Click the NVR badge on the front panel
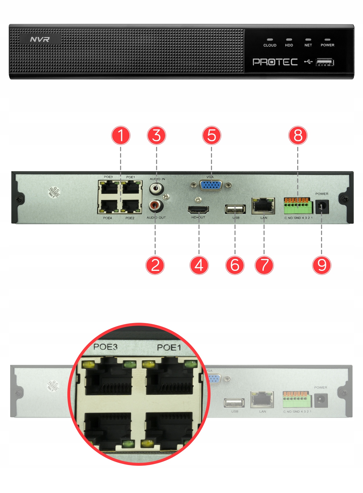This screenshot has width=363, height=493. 40,39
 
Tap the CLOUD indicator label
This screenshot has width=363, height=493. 270,45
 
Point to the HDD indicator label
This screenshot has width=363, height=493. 289,45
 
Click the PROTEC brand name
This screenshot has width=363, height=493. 275,62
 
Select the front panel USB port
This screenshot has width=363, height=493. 325,62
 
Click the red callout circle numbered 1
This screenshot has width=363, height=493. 121,135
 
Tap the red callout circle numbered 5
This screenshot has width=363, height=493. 212,135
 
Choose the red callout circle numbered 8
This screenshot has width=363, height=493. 298,135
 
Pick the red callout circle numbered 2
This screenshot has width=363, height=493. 155,265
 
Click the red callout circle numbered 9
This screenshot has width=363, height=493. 322,265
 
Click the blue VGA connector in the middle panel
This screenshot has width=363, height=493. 211,185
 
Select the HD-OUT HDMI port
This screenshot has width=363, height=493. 198,209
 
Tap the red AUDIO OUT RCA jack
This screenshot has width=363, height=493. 156,206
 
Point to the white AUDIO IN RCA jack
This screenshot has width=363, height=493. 157,189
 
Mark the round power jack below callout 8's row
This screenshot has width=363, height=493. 322,207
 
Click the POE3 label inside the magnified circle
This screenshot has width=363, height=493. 105,347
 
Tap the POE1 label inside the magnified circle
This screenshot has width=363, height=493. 169,347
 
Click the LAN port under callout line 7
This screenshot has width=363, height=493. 263,206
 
